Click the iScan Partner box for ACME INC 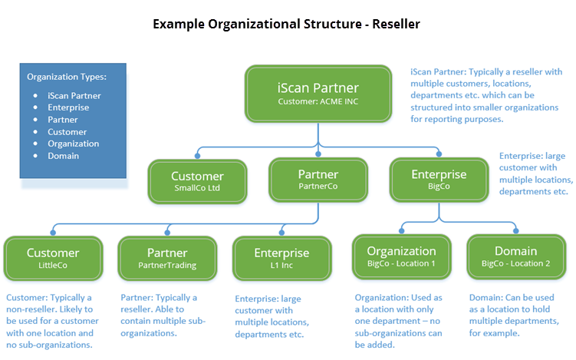318,94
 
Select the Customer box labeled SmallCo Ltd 197,181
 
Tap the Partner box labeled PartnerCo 318,180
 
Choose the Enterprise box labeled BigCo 439,180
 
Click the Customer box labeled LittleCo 53,258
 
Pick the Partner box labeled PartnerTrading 167,258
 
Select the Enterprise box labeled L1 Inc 281,258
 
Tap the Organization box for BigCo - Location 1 401,256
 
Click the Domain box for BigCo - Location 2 516,256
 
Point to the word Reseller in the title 396,25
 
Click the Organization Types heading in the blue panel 67,77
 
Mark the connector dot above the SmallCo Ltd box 197,156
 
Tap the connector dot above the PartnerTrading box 167,233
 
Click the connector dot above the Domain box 515,231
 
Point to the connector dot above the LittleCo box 53,233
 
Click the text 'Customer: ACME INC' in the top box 318,101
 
